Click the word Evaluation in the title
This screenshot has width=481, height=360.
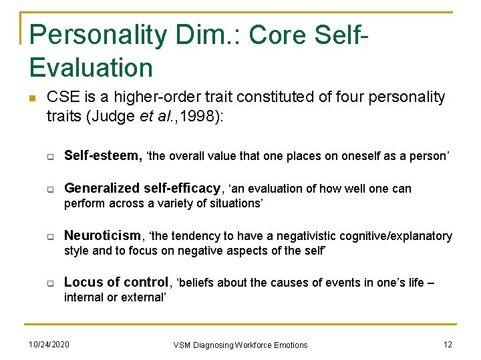92,67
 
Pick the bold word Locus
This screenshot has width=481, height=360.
82,283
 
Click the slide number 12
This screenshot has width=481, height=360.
448,343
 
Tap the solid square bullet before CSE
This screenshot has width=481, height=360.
32,98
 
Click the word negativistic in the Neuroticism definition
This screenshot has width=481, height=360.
298,236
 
